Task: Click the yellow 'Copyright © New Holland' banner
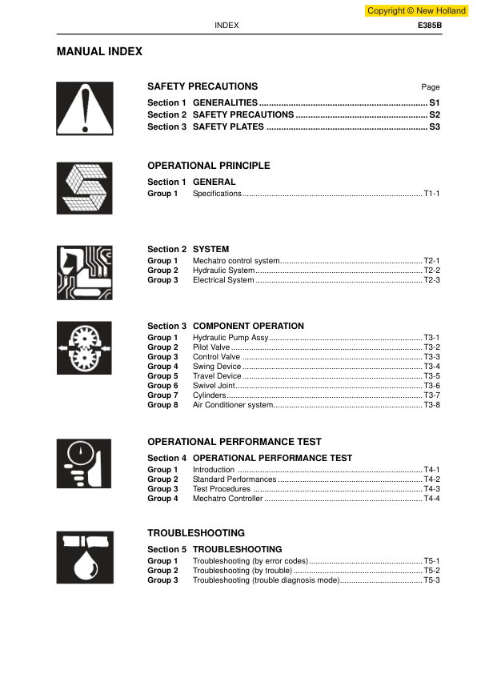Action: click(x=416, y=11)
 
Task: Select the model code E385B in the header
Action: click(x=430, y=26)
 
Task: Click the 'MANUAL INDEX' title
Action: click(x=99, y=51)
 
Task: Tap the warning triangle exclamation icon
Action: click(x=84, y=109)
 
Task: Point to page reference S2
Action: click(x=435, y=114)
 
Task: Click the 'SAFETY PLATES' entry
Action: click(x=228, y=126)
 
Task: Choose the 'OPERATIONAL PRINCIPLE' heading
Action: click(x=209, y=166)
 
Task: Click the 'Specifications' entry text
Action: click(x=217, y=194)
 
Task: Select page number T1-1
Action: click(x=431, y=194)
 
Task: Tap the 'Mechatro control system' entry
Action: click(x=236, y=261)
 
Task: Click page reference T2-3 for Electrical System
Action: click(x=431, y=280)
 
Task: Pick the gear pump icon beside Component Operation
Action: click(x=84, y=348)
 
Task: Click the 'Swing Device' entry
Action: click(x=217, y=367)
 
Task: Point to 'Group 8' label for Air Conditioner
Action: click(x=162, y=405)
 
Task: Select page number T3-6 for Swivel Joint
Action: click(x=431, y=386)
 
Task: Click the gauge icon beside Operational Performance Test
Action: click(x=84, y=464)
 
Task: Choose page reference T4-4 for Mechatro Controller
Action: click(x=431, y=499)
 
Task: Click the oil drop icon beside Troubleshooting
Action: click(x=84, y=557)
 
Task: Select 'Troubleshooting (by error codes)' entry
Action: click(x=251, y=561)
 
